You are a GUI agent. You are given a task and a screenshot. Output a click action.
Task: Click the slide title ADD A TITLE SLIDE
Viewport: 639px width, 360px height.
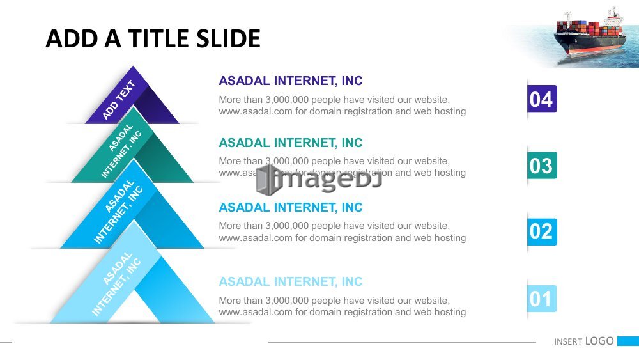[153, 38]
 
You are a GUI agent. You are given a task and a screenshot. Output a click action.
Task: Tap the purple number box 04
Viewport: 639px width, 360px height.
[542, 98]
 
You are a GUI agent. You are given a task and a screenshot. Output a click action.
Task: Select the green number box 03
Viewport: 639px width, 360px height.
[542, 166]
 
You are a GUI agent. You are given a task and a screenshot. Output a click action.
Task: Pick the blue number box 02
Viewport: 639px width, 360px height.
[542, 231]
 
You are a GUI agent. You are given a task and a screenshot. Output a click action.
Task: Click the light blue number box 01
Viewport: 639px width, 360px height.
[542, 299]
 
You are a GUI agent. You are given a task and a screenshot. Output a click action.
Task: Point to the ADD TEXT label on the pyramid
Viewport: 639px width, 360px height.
[118, 100]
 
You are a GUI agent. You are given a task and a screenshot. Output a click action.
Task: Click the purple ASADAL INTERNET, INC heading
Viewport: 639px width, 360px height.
[291, 81]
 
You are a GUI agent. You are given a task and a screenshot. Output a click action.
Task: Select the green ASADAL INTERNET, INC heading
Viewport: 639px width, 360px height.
[291, 143]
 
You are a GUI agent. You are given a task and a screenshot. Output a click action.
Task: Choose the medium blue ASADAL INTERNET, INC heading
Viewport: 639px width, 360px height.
[291, 207]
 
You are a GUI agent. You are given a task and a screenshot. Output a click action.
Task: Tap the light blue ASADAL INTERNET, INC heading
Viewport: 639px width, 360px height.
[291, 281]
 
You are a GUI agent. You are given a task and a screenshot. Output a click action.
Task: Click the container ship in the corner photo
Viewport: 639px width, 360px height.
[590, 35]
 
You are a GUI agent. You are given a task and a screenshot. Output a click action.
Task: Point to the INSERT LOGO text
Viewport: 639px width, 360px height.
[584, 341]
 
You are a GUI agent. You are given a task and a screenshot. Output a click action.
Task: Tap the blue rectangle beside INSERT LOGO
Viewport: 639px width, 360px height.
[628, 341]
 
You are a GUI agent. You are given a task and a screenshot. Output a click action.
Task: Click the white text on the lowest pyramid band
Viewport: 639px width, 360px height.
[116, 284]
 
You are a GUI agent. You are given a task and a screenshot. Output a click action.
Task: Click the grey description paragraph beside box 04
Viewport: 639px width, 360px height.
[343, 106]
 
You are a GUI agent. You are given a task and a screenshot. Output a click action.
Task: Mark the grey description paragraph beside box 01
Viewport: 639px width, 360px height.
[343, 306]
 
